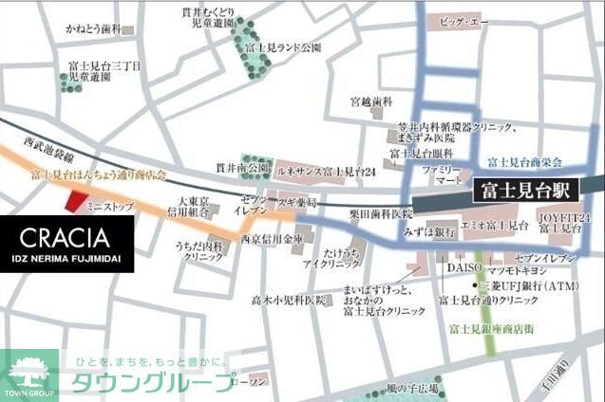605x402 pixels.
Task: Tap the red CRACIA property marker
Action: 74,199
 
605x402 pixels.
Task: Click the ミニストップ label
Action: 106,203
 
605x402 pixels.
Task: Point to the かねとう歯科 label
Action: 93,30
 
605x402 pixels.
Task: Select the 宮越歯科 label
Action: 370,100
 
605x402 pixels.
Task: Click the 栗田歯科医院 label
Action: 380,214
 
